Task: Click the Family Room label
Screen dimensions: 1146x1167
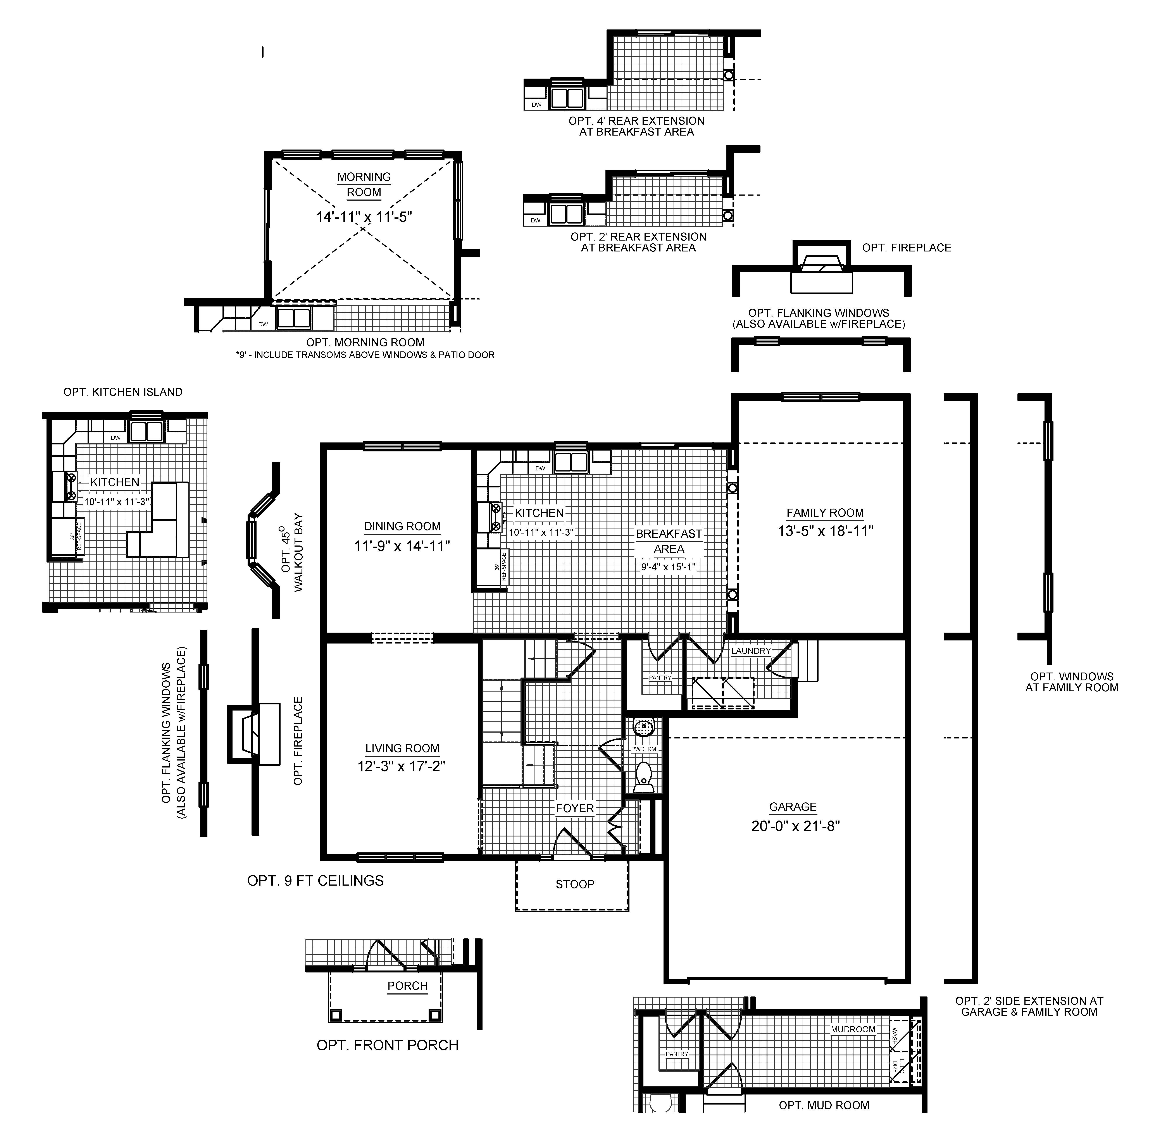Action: pyautogui.click(x=824, y=513)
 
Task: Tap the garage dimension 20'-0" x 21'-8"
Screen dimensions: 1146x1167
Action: pyautogui.click(x=795, y=826)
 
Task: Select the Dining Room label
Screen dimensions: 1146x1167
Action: pyautogui.click(x=402, y=526)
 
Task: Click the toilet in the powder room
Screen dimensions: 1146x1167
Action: pyautogui.click(x=643, y=776)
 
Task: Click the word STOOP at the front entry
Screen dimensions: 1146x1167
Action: pyautogui.click(x=574, y=884)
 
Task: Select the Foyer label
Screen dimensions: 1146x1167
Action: pyautogui.click(x=574, y=808)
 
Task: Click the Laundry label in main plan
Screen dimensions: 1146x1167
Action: pyautogui.click(x=750, y=651)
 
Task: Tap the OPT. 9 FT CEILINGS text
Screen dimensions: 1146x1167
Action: pyautogui.click(x=315, y=881)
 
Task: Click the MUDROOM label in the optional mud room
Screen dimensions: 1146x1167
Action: pyautogui.click(x=853, y=1029)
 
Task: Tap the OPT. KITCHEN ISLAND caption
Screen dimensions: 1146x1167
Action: pyautogui.click(x=123, y=392)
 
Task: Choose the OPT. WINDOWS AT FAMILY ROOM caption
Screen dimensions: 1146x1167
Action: pyautogui.click(x=1071, y=682)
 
